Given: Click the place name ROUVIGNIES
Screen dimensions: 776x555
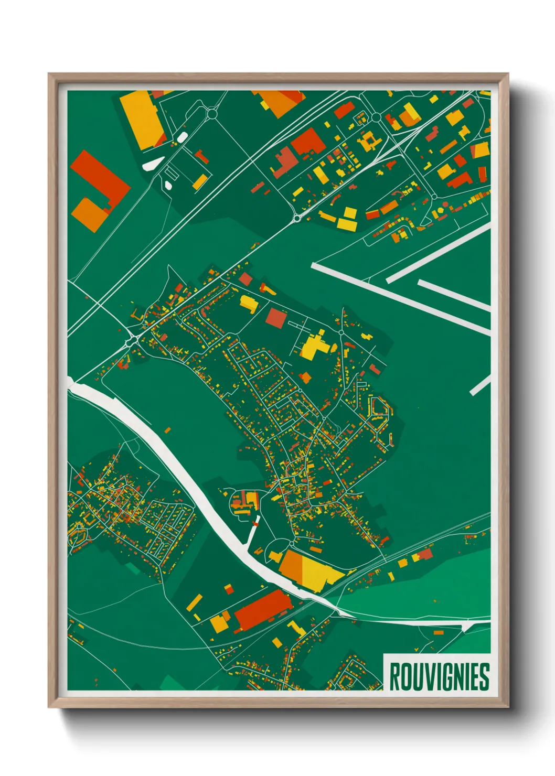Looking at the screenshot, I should click(439, 676).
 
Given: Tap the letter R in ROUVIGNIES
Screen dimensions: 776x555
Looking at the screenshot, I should click(395, 676).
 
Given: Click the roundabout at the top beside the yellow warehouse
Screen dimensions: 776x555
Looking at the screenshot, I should click(212, 113).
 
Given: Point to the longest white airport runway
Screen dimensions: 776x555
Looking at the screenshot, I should click(401, 298).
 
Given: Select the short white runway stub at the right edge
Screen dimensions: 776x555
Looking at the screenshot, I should click(479, 386).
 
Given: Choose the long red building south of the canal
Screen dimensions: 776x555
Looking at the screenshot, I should click(262, 610).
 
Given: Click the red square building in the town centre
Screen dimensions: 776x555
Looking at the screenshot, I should click(276, 318).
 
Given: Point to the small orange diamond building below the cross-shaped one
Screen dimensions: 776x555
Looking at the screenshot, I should click(305, 377).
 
